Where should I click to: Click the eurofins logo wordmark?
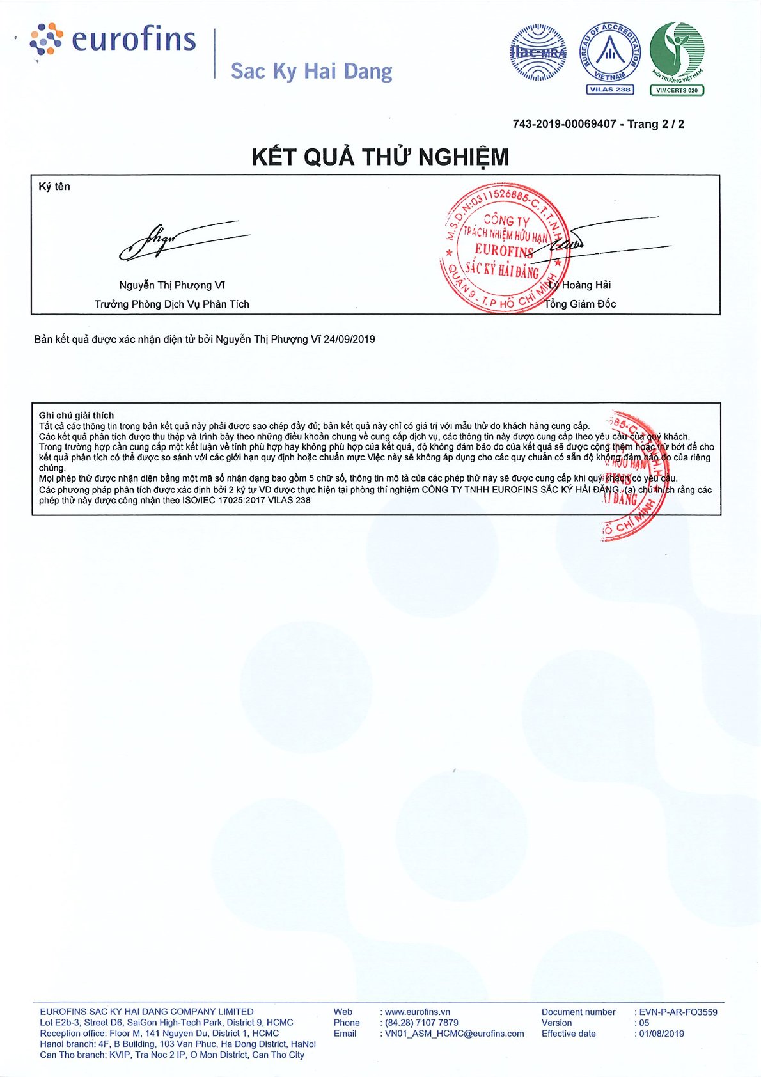(x=132, y=39)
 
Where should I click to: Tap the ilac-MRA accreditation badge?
(x=538, y=52)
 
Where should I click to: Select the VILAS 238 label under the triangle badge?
(x=609, y=90)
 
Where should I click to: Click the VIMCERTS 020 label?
(x=677, y=90)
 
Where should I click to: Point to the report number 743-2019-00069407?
(x=564, y=124)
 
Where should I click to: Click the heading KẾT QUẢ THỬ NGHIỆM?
(x=380, y=157)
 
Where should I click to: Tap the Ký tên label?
(x=54, y=187)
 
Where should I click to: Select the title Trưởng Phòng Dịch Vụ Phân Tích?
(x=172, y=304)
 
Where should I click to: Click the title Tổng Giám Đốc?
(x=580, y=304)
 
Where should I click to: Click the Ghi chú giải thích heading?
(x=76, y=415)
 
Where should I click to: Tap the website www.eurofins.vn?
(x=418, y=1012)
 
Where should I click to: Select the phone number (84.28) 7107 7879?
(x=421, y=1023)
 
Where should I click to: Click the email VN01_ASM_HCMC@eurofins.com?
(x=454, y=1034)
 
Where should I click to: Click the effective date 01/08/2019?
(x=662, y=1034)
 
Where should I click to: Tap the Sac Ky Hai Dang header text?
(x=311, y=71)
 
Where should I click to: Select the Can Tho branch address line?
(x=172, y=1055)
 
